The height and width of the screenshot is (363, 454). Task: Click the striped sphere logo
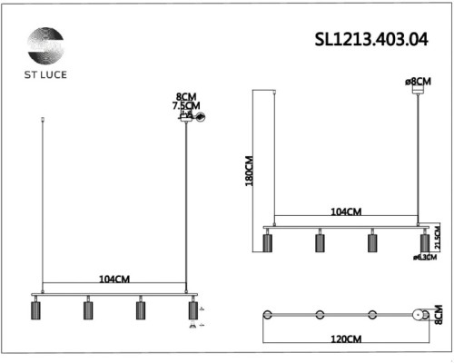click(x=45, y=44)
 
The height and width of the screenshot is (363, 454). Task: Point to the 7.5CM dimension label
click(x=185, y=106)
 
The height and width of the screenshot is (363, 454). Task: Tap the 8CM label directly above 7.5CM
click(x=185, y=96)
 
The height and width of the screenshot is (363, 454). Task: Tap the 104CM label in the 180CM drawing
click(x=346, y=211)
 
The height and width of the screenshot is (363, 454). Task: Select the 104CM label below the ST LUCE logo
click(x=114, y=281)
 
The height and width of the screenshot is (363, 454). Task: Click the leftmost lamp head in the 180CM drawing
click(x=268, y=242)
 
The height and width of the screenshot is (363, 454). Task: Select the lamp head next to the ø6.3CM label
click(x=423, y=242)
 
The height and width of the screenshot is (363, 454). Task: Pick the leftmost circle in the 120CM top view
click(x=268, y=314)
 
